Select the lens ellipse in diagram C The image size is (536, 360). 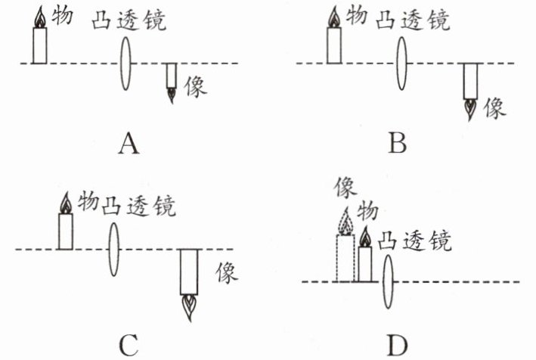click(114, 249)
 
